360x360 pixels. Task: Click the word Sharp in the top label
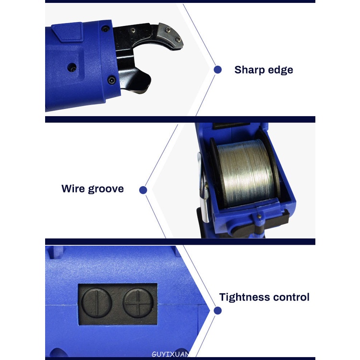(249, 70)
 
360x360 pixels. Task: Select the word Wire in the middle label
(73, 189)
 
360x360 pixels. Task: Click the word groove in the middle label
(106, 189)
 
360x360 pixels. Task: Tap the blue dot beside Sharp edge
(217, 70)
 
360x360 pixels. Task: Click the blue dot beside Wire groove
(143, 190)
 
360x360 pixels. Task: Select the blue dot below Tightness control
(217, 311)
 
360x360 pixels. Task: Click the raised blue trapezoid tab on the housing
(67, 32)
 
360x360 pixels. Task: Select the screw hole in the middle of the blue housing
(72, 68)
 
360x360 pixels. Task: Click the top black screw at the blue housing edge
(106, 29)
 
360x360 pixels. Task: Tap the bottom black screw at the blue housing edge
(111, 80)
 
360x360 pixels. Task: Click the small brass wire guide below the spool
(259, 216)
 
